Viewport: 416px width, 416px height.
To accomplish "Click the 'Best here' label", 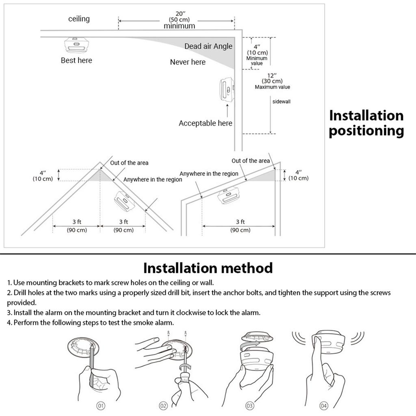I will (x=76, y=61).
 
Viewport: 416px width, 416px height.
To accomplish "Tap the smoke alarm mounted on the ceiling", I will (x=76, y=45).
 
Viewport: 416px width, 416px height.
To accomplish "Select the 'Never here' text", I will (x=188, y=62).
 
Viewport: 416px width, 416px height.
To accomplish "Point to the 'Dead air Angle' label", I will (x=208, y=46).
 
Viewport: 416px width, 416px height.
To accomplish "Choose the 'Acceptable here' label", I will (x=206, y=123).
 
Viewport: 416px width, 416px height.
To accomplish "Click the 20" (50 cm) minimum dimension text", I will (x=179, y=20).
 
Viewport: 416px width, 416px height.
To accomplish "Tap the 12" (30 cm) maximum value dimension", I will (x=272, y=81).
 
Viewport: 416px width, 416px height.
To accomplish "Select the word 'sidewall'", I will (x=281, y=102).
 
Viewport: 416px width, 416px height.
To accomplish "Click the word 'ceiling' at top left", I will (x=79, y=19).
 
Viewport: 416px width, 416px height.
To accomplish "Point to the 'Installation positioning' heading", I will (x=366, y=123).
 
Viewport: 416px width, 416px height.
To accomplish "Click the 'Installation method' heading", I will (x=208, y=268).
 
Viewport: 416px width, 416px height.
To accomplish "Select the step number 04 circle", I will (x=323, y=405).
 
